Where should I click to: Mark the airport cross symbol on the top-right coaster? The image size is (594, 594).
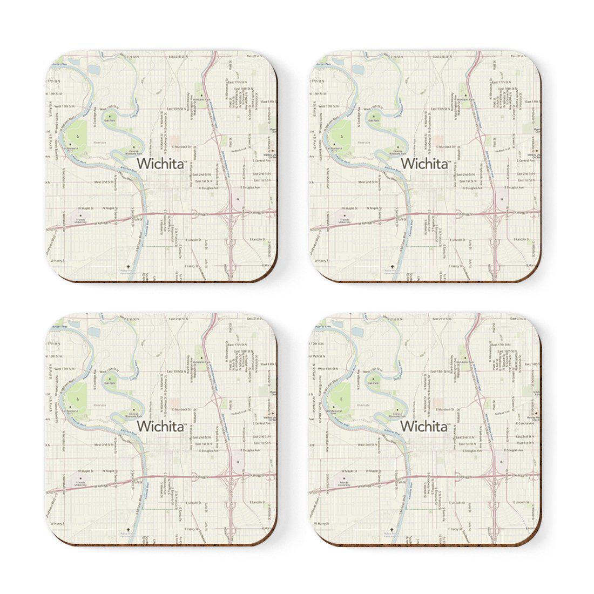(391, 266)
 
